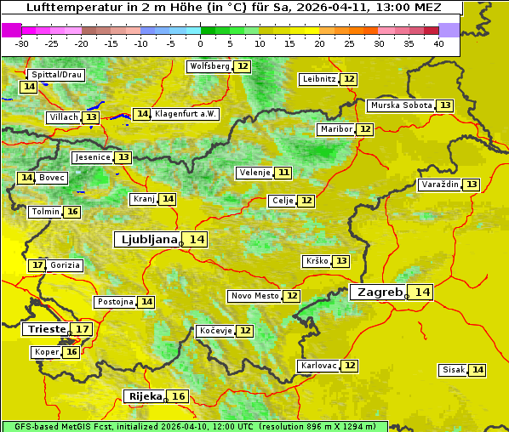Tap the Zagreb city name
[379, 292]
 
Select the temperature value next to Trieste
[83, 329]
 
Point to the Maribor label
[335, 129]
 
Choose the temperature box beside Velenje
[283, 173]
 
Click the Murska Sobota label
[400, 105]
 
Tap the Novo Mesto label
[254, 296]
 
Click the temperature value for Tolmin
[72, 212]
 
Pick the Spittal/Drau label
[56, 75]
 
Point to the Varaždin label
[439, 185]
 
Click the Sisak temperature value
[478, 370]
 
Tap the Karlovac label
[317, 366]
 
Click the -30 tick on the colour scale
[22, 43]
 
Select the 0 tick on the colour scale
[200, 43]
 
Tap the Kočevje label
[214, 331]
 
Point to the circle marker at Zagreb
[407, 297]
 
